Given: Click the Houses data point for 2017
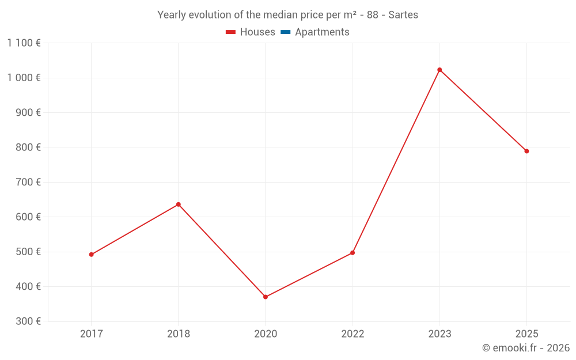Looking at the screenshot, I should coord(91,255).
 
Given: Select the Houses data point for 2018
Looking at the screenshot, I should coord(179,204).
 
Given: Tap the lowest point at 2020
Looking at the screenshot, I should coord(266,297).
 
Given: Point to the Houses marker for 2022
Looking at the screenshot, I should coord(353,253).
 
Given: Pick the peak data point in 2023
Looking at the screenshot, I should coord(439,70).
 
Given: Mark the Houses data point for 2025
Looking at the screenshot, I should coord(526,151).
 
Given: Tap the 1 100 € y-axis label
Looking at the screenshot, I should coord(24,43).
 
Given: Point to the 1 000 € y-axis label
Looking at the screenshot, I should coord(24,78).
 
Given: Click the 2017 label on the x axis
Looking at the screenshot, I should coord(91,334).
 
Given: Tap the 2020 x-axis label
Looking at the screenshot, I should coord(266,334).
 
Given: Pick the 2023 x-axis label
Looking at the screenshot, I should coord(439,334).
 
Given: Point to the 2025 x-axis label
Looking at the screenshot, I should coord(526,334).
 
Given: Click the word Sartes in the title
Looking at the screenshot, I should coord(403,15).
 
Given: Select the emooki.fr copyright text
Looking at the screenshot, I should coord(526,348).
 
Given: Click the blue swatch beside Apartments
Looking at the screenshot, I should coord(285,32).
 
